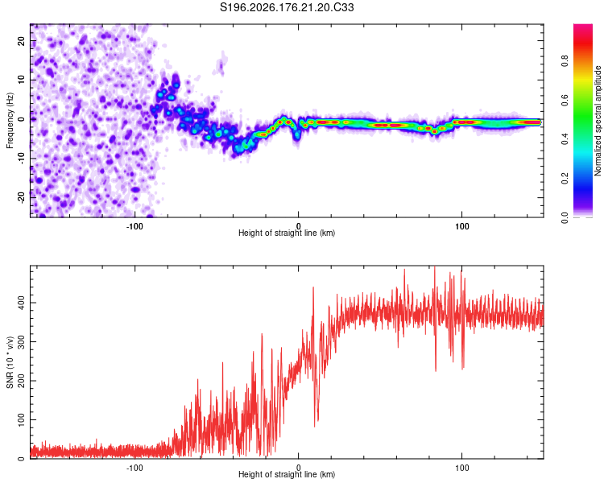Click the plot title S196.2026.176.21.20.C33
pyautogui.click(x=287, y=7)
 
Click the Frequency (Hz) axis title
pyautogui.click(x=10, y=121)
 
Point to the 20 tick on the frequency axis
pyautogui.click(x=21, y=40)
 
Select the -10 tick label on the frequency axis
pyautogui.click(x=21, y=158)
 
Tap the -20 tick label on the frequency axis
pyautogui.click(x=21, y=197)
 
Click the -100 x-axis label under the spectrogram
pyautogui.click(x=134, y=226)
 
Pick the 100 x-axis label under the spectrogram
pyautogui.click(x=461, y=226)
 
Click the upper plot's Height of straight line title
pyautogui.click(x=287, y=233)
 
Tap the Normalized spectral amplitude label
pyautogui.click(x=598, y=121)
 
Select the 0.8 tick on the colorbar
pyautogui.click(x=565, y=61)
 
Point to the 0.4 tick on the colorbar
pyautogui.click(x=565, y=139)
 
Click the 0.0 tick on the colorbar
pyautogui.click(x=565, y=217)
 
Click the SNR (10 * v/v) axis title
pyautogui.click(x=10, y=362)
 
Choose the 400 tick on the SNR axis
pyautogui.click(x=21, y=303)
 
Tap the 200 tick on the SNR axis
pyautogui.click(x=21, y=381)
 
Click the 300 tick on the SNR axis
pyautogui.click(x=21, y=341)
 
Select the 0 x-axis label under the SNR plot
pyautogui.click(x=298, y=468)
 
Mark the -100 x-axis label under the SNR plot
pyautogui.click(x=134, y=468)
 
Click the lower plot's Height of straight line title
pyautogui.click(x=287, y=474)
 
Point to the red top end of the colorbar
pyautogui.click(x=583, y=26)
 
